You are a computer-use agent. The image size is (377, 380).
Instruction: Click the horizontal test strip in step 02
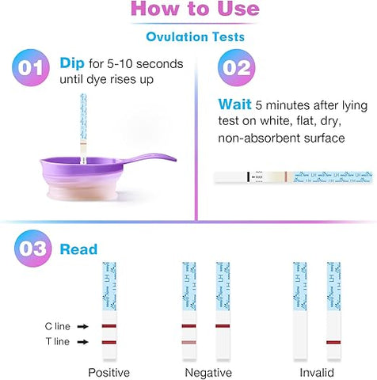coord(294,177)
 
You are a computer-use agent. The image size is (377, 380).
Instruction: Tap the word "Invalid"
coord(317,372)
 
